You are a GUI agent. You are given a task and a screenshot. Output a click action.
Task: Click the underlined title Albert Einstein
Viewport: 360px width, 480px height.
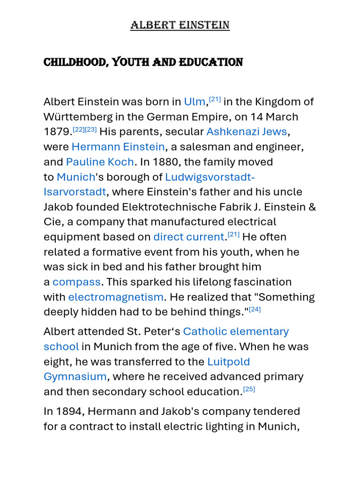pyautogui.click(x=180, y=25)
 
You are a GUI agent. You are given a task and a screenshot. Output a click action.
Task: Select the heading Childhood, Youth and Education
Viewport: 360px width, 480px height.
pyautogui.click(x=143, y=62)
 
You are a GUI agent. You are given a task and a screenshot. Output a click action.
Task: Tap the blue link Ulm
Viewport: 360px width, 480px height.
pyautogui.click(x=195, y=102)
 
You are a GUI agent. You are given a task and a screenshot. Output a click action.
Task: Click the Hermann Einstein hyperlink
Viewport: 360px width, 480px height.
pyautogui.click(x=118, y=147)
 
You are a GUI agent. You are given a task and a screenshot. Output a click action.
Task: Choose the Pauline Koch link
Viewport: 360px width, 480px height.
pyautogui.click(x=100, y=162)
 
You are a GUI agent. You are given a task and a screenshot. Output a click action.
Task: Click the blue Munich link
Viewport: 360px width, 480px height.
pyautogui.click(x=75, y=177)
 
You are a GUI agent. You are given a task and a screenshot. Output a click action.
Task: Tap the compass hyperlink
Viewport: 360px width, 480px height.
pyautogui.click(x=76, y=282)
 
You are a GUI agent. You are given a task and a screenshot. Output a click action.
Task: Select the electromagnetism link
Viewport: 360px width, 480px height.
pyautogui.click(x=116, y=297)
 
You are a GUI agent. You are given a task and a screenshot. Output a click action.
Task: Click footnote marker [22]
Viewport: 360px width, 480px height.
pyautogui.click(x=78, y=129)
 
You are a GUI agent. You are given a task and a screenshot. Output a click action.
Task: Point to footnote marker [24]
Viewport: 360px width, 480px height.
pyautogui.click(x=255, y=309)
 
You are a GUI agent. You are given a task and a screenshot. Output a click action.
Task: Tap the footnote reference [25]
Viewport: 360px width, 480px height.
pyautogui.click(x=249, y=389)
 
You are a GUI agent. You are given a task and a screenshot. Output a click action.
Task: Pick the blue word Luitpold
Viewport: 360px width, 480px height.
pyautogui.click(x=228, y=361)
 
